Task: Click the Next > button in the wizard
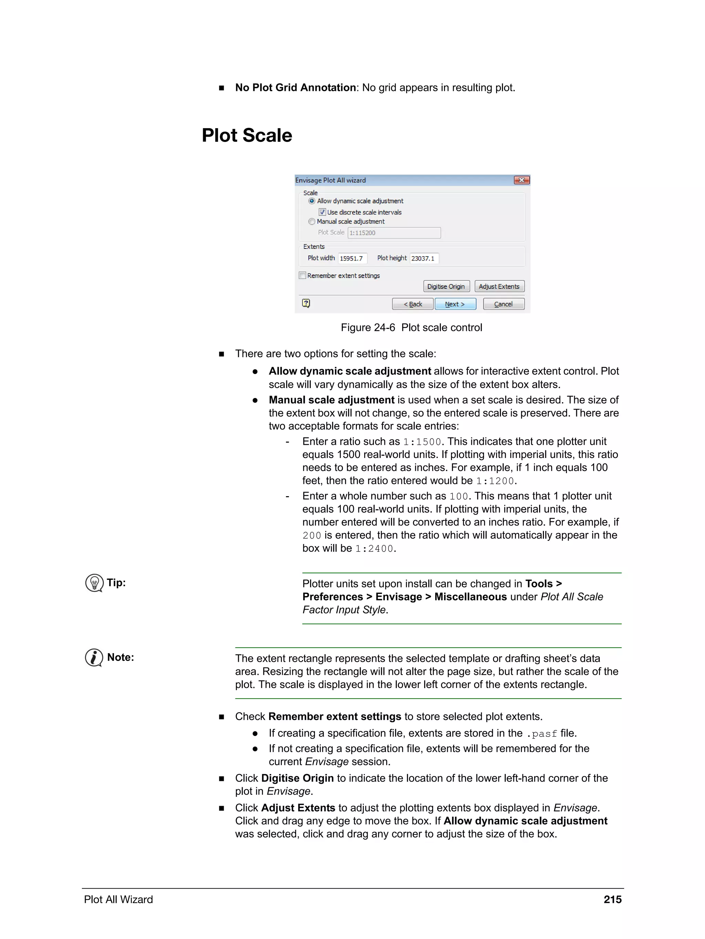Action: [455, 304]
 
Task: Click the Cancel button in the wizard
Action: [503, 304]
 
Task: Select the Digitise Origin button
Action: [446, 286]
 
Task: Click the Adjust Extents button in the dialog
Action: [499, 286]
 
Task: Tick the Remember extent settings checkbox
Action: [303, 275]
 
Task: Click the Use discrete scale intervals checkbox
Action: [322, 212]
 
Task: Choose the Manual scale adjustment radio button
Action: [312, 222]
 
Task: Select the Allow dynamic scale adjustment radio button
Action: [312, 201]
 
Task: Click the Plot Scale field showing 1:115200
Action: [394, 233]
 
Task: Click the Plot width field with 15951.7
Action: [352, 258]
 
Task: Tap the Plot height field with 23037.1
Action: [424, 258]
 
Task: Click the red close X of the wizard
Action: [521, 180]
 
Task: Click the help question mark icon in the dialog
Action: [306, 303]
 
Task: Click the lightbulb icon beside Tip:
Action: [94, 583]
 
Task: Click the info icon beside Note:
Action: [94, 658]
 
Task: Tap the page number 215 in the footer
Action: [612, 899]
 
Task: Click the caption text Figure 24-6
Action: [368, 327]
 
